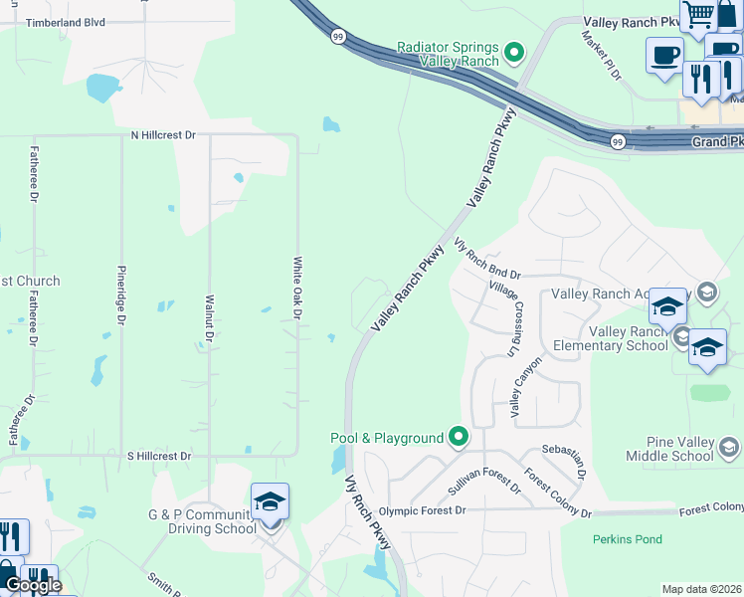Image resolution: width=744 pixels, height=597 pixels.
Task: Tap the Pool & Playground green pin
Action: [459, 437]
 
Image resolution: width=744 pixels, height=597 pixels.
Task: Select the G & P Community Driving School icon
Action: [270, 502]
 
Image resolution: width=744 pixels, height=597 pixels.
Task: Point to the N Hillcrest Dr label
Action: [163, 134]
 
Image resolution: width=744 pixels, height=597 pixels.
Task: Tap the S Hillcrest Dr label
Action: [159, 456]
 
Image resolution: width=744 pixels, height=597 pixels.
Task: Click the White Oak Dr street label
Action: [296, 288]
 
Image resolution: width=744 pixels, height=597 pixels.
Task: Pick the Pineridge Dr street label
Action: [121, 295]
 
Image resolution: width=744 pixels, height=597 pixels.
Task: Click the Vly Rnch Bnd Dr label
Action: [487, 261]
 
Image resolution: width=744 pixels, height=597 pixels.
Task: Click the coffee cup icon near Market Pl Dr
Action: [663, 56]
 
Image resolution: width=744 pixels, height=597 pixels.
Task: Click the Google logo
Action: [33, 585]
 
